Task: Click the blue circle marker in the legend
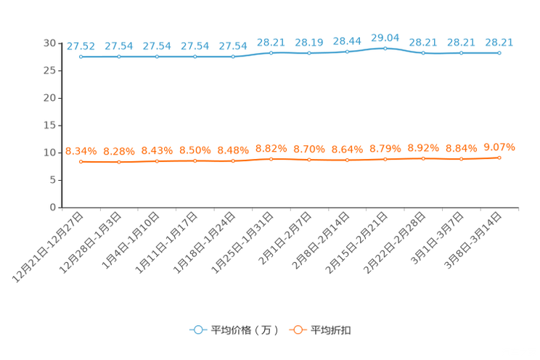coord(197,330)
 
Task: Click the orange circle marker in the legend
coord(297,330)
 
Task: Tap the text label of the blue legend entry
coord(244,330)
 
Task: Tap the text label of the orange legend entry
coord(332,330)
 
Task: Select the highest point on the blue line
coord(385,48)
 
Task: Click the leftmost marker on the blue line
coord(81,57)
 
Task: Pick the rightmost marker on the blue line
coord(499,52)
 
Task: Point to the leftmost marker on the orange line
coord(81,162)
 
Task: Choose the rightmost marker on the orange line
coord(499,157)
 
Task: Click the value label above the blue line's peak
coord(385,36)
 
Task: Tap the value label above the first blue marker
coord(81,45)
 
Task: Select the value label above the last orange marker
coord(499,147)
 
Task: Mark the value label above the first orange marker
coord(81,151)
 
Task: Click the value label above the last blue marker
coord(499,41)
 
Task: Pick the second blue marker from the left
coord(118,57)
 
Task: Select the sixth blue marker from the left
coord(271,53)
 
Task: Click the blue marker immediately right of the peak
coord(423,53)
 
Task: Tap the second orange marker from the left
coord(118,162)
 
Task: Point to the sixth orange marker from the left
coord(271,159)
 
